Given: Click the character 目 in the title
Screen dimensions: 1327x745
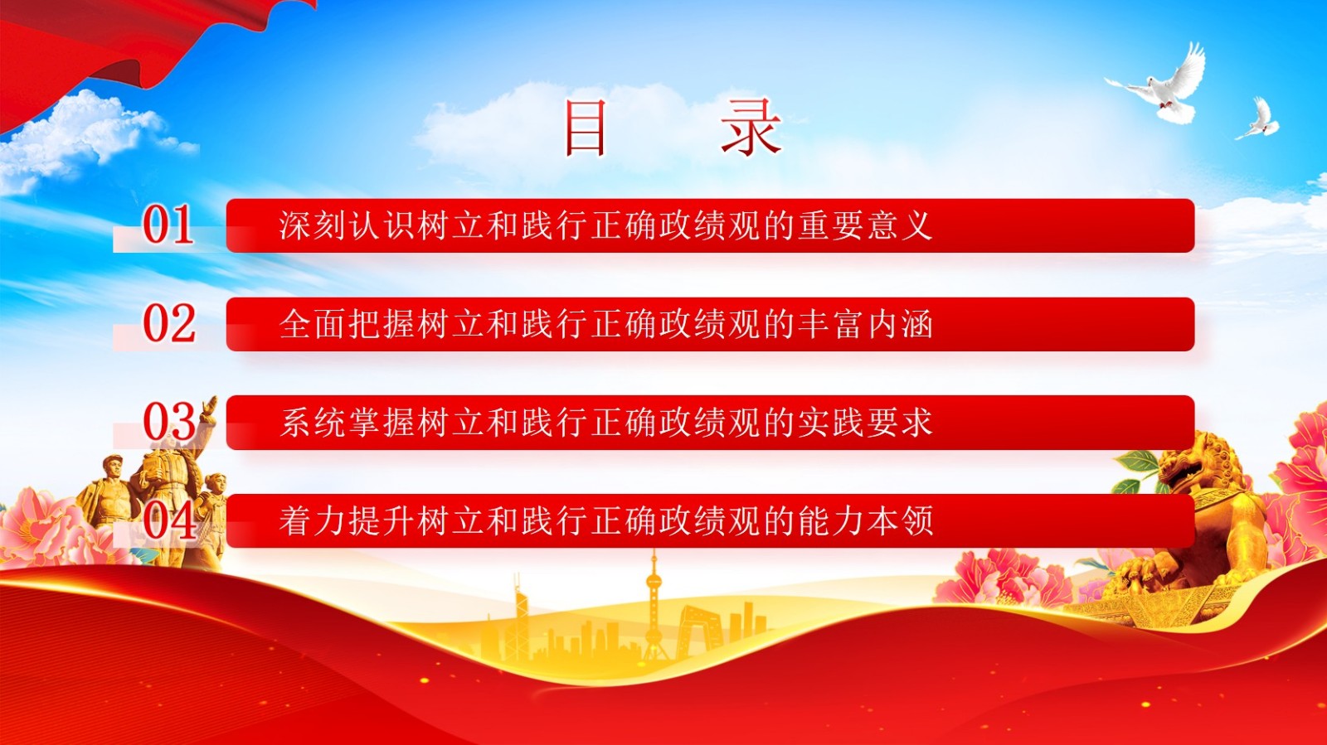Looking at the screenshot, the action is (586, 128).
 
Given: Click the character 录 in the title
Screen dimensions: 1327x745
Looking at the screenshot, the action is (751, 128).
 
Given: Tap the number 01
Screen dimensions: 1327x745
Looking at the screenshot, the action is (168, 225).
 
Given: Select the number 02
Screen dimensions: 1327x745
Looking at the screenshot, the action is (169, 324).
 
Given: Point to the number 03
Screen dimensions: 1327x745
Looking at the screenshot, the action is (169, 422).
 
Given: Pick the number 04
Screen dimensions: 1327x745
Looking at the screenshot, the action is (169, 520).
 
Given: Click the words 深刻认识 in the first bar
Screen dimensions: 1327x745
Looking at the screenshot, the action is (347, 225).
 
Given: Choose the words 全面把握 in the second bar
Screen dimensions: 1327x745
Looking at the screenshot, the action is (347, 324).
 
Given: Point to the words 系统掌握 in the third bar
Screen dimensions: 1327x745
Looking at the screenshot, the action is (347, 423).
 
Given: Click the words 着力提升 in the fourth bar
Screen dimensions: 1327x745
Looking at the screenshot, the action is (347, 521).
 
